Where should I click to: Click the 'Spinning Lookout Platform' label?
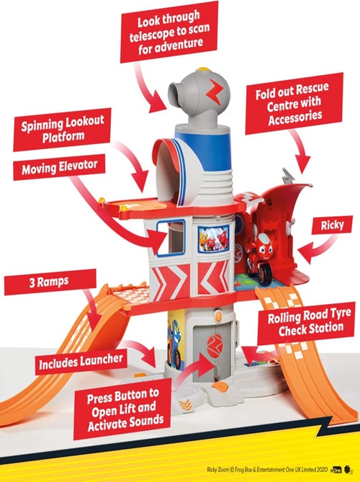pyautogui.click(x=62, y=130)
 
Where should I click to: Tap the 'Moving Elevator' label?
pyautogui.click(x=59, y=167)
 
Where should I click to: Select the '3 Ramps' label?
pyautogui.click(x=49, y=282)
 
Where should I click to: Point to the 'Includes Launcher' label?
pyautogui.click(x=81, y=362)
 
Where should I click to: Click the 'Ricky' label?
pyautogui.click(x=332, y=225)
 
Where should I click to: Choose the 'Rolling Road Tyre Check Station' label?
pyautogui.click(x=306, y=323)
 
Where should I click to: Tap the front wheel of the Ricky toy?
pyautogui.click(x=265, y=274)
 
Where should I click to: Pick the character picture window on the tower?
pyautogui.click(x=214, y=238)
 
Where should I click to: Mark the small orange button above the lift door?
pyautogui.click(x=218, y=316)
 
